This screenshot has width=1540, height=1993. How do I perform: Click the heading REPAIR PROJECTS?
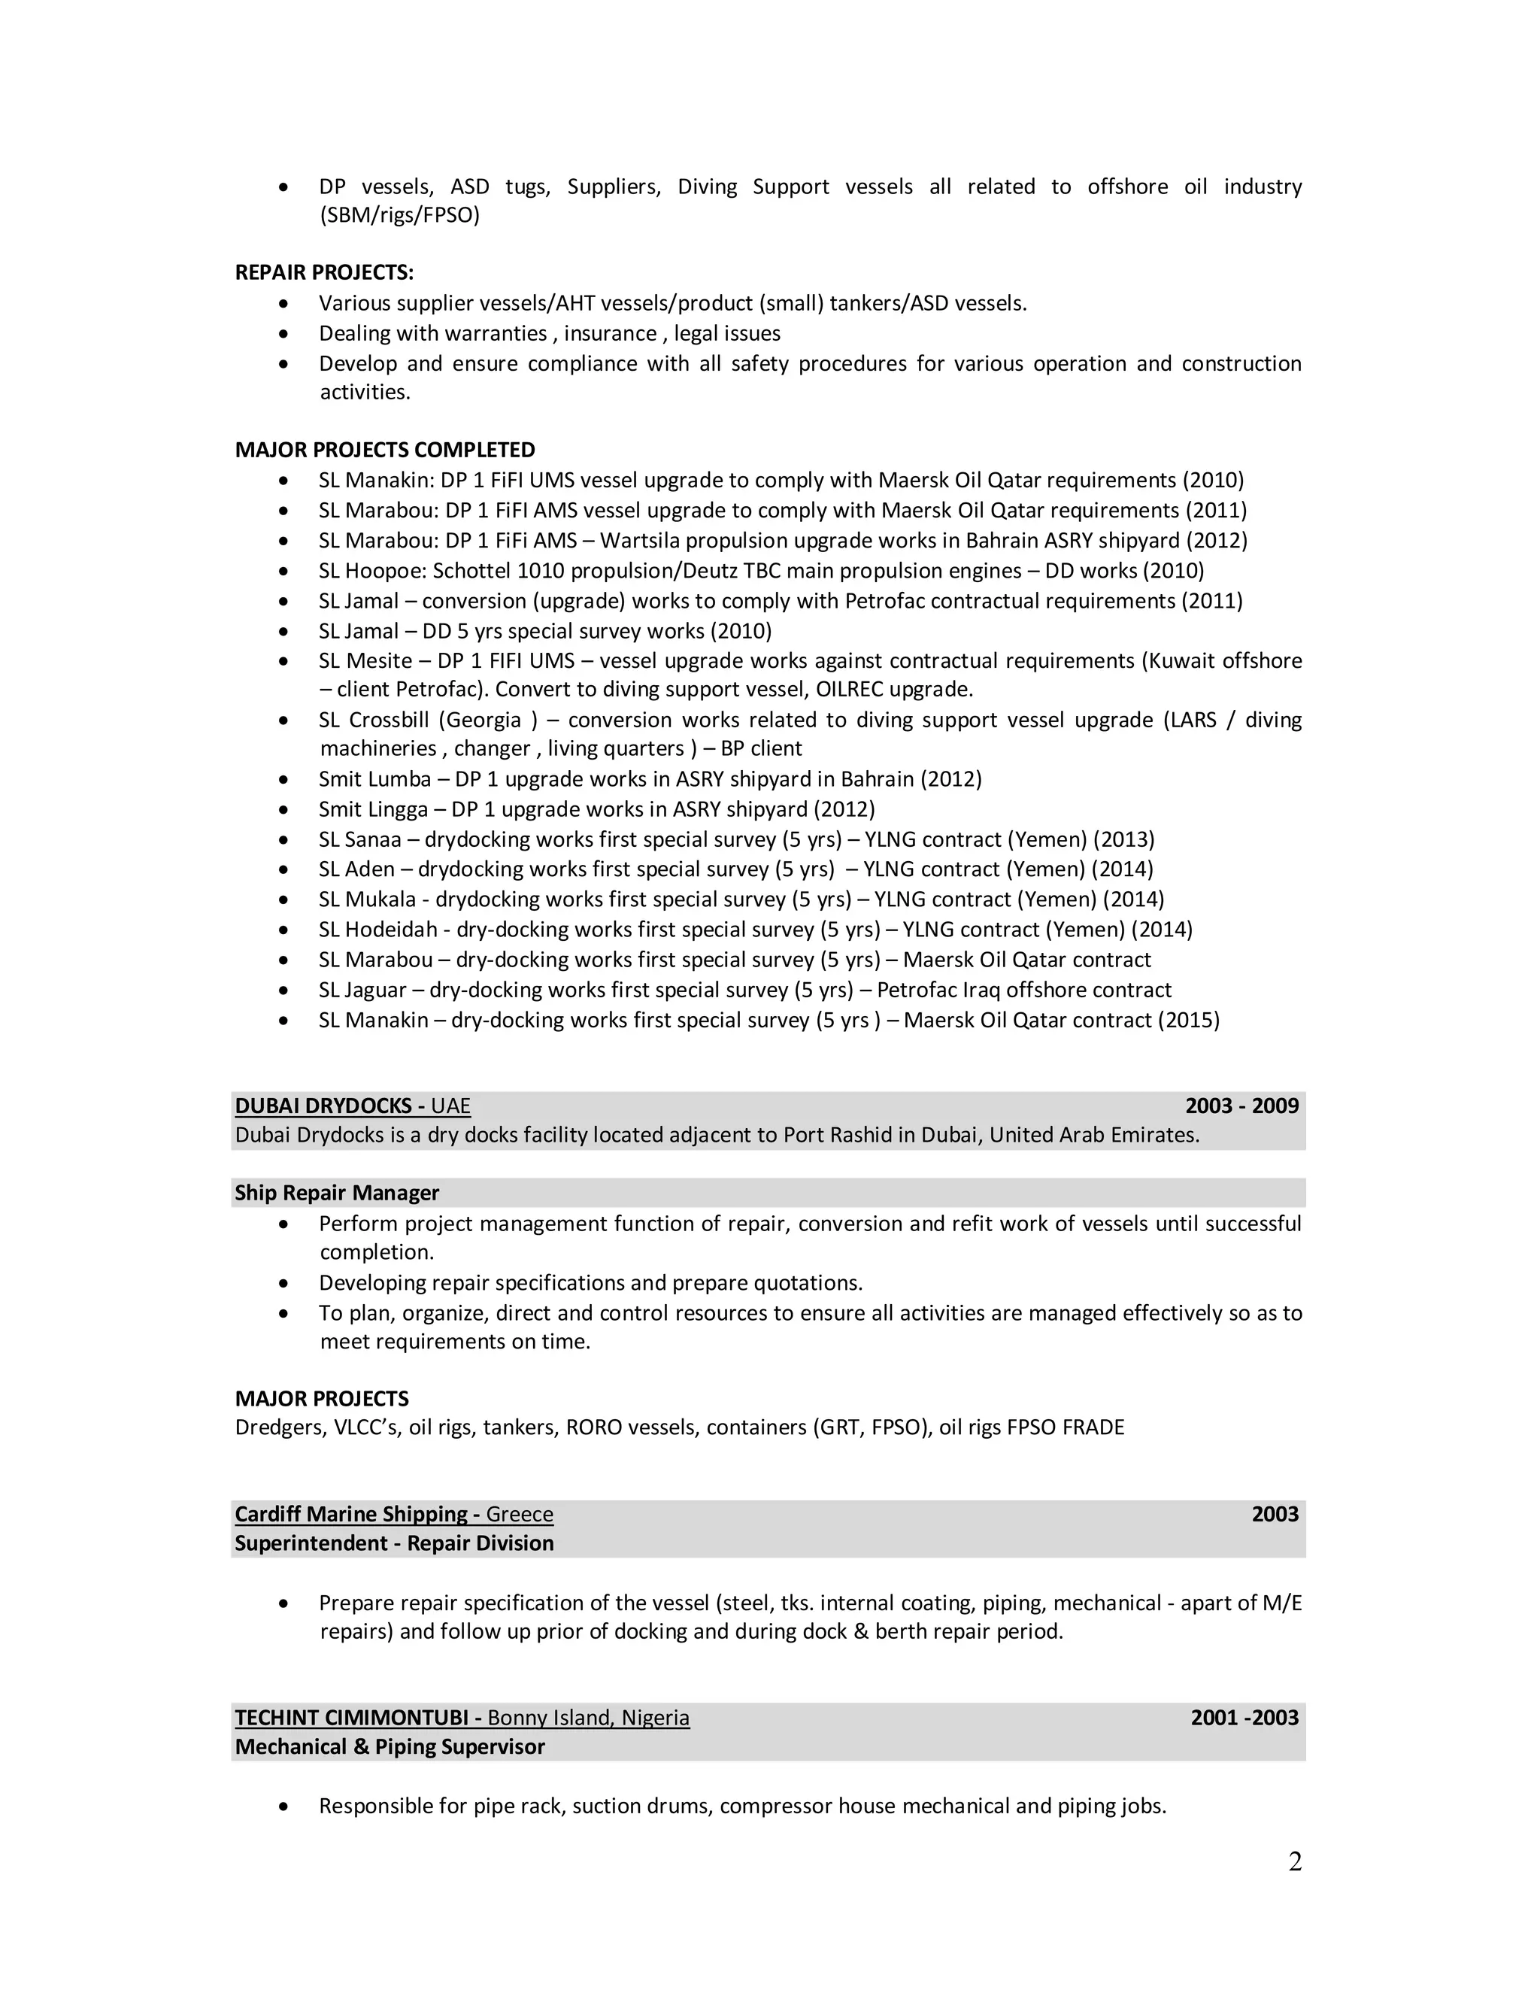click(324, 273)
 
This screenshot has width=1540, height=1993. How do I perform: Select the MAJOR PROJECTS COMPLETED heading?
click(385, 450)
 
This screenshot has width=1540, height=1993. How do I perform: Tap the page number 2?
click(1295, 1861)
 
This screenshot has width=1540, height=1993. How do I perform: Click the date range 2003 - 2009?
click(1241, 1106)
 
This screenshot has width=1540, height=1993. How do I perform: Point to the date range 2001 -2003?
click(1244, 1718)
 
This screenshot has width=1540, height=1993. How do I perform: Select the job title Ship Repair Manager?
click(337, 1193)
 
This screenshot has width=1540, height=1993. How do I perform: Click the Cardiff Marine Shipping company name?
click(350, 1514)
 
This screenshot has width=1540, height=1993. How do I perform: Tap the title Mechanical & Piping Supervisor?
click(390, 1746)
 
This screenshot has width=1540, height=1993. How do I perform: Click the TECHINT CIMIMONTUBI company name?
click(351, 1718)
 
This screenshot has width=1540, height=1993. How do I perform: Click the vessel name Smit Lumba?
click(374, 779)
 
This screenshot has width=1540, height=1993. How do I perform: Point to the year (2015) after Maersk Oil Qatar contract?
click(1188, 1021)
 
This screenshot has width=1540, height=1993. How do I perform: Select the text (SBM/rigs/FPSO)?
click(399, 215)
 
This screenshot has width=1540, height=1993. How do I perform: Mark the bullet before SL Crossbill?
click(286, 721)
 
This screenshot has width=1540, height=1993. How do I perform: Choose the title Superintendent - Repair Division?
click(394, 1543)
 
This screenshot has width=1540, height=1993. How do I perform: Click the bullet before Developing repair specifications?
click(286, 1283)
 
